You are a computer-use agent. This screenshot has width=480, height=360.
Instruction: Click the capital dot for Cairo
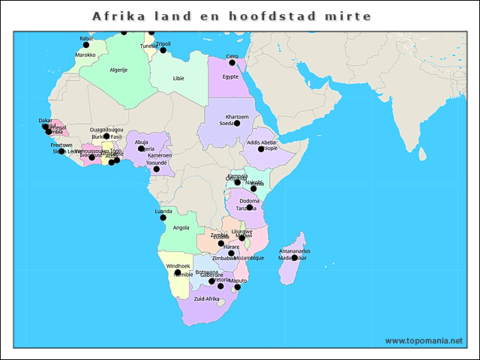tap(232, 63)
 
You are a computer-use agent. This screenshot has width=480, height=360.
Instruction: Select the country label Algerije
tap(118, 70)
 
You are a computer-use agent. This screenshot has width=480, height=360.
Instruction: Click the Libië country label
tap(178, 78)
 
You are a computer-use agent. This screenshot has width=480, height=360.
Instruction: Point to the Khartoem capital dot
tap(237, 123)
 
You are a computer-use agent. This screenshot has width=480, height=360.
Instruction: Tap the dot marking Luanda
tap(163, 217)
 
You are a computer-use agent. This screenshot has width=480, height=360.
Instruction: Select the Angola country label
tap(181, 227)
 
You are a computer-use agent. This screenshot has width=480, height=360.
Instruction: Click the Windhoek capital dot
tap(178, 273)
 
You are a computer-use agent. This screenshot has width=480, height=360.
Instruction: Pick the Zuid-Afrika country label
tap(206, 298)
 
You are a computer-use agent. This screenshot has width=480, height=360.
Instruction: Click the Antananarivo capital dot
tap(295, 257)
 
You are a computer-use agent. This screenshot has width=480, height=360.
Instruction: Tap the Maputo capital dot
tap(238, 286)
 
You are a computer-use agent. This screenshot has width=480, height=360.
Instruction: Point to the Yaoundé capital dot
tap(157, 169)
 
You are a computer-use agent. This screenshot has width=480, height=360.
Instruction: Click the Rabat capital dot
tap(87, 44)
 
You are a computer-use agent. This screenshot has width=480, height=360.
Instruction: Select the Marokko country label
tap(85, 55)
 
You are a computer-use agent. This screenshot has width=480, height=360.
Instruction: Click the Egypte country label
tap(230, 76)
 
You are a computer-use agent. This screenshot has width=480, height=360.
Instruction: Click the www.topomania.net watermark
tap(424, 340)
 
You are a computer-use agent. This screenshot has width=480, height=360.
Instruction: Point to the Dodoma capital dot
tap(250, 207)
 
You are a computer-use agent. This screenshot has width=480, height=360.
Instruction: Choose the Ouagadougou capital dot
tap(106, 136)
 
